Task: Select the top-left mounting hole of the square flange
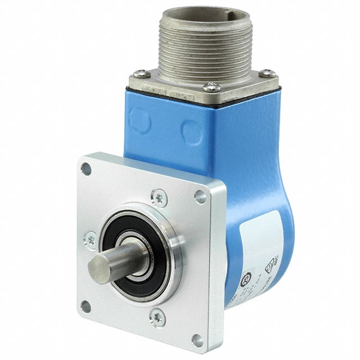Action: (x=85, y=167)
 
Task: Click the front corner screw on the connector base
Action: (x=211, y=87)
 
